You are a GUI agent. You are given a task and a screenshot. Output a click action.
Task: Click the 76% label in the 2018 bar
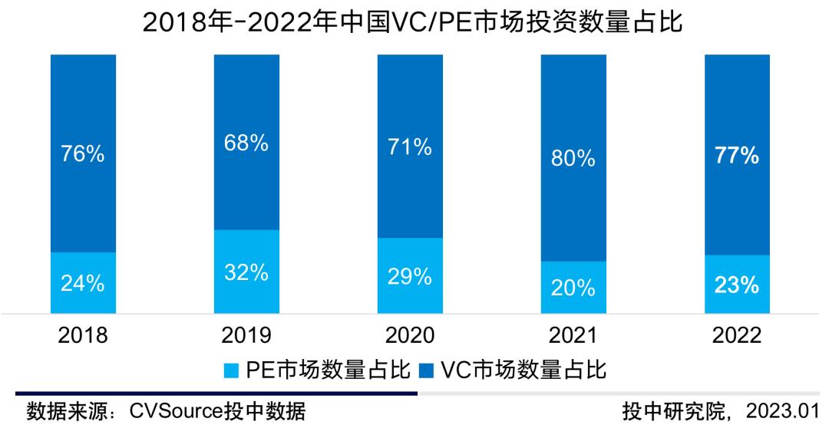[x=83, y=154]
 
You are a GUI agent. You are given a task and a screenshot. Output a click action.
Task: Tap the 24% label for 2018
[x=83, y=284]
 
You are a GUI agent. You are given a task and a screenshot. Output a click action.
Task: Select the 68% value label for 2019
[x=246, y=143]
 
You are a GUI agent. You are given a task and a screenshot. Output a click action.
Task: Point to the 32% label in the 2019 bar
[x=246, y=272]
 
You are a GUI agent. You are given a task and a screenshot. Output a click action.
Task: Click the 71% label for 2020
[x=410, y=147]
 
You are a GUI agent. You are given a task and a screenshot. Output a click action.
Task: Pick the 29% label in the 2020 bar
[x=410, y=277]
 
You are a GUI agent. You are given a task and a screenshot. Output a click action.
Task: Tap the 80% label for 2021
[x=573, y=159]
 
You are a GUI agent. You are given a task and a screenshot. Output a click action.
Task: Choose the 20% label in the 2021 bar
[x=573, y=288]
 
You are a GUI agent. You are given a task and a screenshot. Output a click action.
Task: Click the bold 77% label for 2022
[x=738, y=156]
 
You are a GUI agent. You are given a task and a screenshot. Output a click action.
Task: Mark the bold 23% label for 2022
[x=738, y=285]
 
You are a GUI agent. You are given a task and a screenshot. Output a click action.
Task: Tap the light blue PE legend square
[x=232, y=372]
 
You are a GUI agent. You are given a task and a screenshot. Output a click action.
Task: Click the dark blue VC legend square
[x=428, y=372]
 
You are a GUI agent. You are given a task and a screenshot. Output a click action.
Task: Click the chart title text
[x=414, y=23]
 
